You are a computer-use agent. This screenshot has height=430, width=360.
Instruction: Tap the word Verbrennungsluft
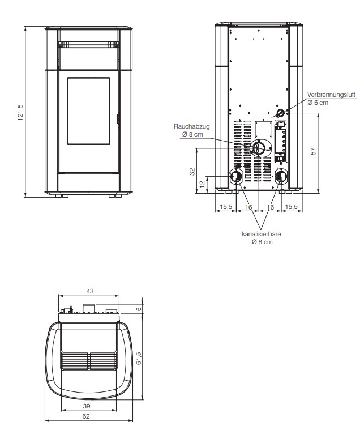tap(331, 95)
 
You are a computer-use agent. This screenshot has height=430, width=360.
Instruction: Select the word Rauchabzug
tap(192, 126)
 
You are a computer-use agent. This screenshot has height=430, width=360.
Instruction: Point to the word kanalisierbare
tap(261, 234)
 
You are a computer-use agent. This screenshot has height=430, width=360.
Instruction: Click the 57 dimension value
tap(313, 151)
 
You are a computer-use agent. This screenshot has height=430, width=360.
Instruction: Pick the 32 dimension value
tap(192, 172)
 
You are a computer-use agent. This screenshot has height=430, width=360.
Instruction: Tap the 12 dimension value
tap(202, 184)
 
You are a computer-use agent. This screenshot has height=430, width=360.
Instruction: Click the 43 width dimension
tap(90, 291)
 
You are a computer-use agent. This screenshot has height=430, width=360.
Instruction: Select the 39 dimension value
tap(86, 406)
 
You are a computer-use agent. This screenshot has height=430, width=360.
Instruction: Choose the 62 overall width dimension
tap(86, 416)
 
